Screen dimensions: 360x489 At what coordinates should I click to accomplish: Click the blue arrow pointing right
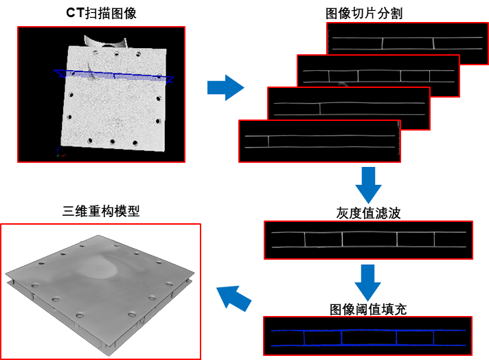click(225, 87)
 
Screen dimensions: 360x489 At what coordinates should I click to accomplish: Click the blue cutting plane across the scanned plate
click(114, 76)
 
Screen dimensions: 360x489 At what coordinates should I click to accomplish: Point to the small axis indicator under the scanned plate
click(60, 152)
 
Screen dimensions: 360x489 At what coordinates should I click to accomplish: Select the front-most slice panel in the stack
click(319, 142)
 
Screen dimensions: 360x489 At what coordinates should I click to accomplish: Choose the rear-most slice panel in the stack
click(407, 43)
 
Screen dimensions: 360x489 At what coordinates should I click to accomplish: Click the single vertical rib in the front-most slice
click(268, 142)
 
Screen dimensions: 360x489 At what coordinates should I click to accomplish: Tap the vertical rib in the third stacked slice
click(320, 109)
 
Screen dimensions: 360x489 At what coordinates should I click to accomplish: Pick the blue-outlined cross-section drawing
click(367, 336)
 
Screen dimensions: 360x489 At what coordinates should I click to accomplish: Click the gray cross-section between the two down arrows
click(368, 240)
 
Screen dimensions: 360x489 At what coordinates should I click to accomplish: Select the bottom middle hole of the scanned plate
click(112, 142)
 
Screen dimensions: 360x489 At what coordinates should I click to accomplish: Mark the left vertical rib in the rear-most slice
click(382, 43)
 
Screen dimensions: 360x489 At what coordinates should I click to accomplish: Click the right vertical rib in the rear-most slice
click(433, 43)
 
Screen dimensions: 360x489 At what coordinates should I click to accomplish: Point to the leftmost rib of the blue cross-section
click(304, 337)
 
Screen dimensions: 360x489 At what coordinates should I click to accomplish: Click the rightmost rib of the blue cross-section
click(433, 337)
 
